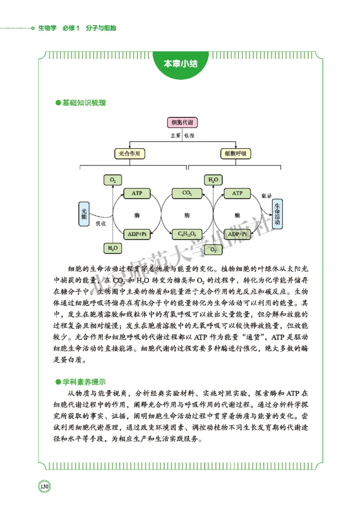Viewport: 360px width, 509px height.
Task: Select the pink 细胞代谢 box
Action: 182,122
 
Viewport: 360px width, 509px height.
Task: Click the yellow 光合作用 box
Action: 130,154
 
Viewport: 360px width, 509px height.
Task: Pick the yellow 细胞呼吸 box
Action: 235,154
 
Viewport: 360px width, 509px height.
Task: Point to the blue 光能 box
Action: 84,213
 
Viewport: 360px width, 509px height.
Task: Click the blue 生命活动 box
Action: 277,213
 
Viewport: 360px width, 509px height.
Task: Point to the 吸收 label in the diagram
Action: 100,223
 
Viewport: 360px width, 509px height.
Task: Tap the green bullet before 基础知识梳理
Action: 57,103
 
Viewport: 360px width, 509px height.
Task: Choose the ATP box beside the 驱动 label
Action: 237,193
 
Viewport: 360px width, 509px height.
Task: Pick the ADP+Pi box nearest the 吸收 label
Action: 137,234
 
